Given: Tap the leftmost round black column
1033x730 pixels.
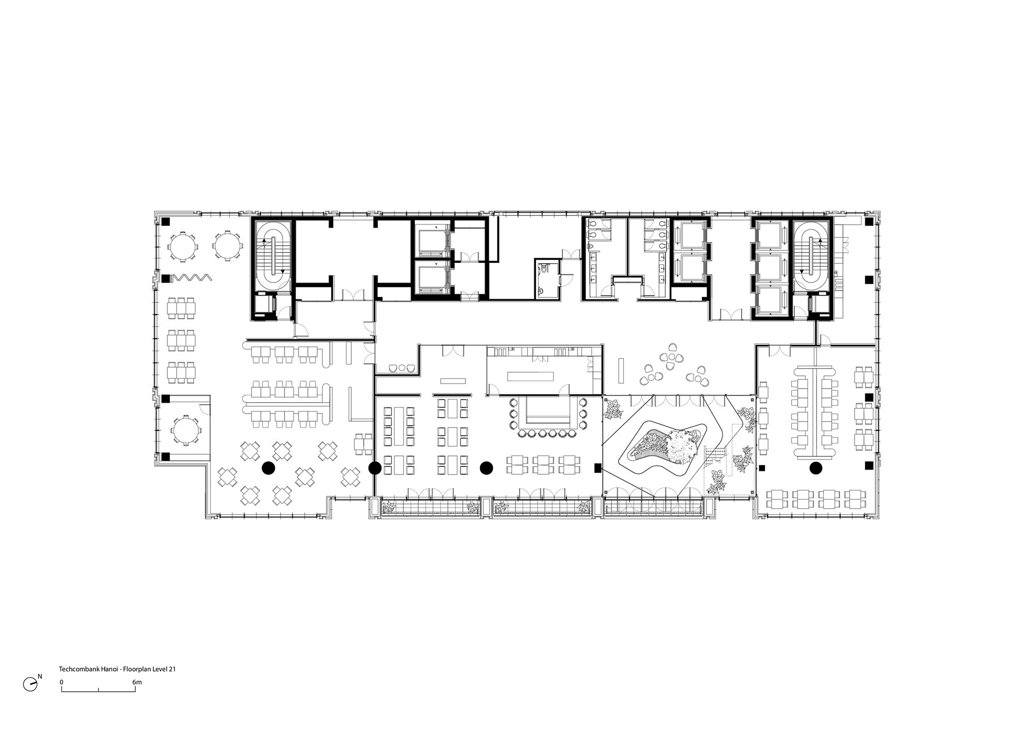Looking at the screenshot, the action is click(x=268, y=468).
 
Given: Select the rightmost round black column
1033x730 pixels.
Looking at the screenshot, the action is click(x=816, y=468).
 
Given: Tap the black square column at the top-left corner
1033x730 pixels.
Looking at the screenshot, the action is click(x=166, y=222).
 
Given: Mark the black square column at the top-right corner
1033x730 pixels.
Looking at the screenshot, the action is click(x=869, y=222).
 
